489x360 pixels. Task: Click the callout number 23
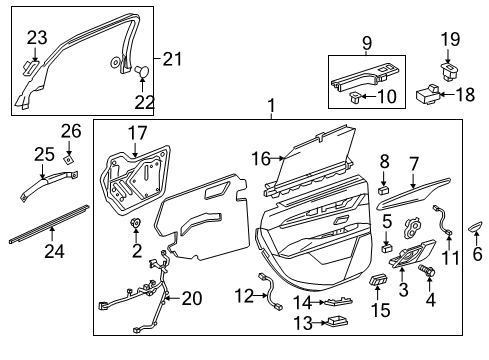point(37,38)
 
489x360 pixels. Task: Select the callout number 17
point(136,133)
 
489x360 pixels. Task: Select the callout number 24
point(54,251)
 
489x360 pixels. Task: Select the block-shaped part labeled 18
point(428,96)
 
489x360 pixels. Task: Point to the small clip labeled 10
point(355,96)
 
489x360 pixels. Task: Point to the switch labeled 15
point(380,279)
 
